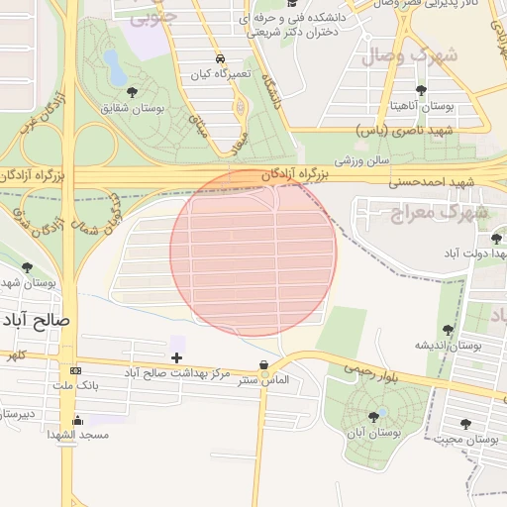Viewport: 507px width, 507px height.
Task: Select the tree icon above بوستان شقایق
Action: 132,92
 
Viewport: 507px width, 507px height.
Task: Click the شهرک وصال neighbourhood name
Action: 410,55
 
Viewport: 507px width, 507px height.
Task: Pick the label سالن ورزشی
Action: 361,159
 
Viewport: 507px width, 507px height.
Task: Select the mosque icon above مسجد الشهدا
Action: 78,421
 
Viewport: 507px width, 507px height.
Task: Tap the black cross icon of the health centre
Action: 177,357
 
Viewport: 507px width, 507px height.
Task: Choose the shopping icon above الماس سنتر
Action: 262,365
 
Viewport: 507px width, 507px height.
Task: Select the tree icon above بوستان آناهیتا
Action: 421,90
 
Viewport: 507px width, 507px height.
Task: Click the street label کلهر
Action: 14,354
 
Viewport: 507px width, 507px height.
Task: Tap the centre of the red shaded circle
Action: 253,253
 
